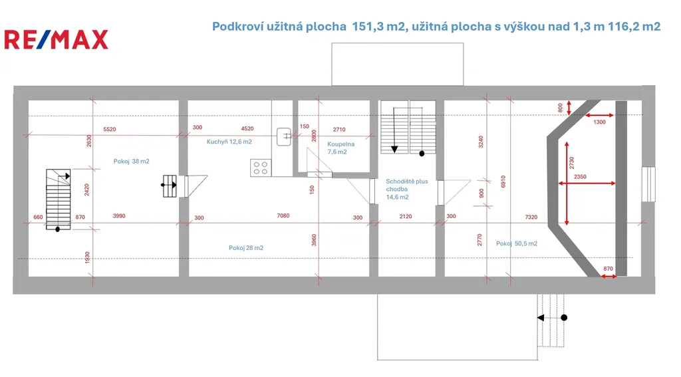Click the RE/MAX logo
pos(56,39)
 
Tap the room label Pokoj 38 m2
pos(131,161)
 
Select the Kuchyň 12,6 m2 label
pos(229,142)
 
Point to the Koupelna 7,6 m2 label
pos(340,148)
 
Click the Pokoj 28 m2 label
pos(246,248)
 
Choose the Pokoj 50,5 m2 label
pos(516,243)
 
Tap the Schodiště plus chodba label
pos(406,185)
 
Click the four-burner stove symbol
pos(261,168)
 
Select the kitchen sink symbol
pos(283,137)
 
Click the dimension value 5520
pos(110,130)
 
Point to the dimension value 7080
pos(283,215)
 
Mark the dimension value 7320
pos(531,217)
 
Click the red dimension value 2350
pos(580,177)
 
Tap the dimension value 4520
pos(247,128)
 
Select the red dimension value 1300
pos(599,122)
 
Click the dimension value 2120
pos(406,216)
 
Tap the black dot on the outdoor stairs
pos(564,318)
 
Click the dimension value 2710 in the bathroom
pos(339,130)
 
